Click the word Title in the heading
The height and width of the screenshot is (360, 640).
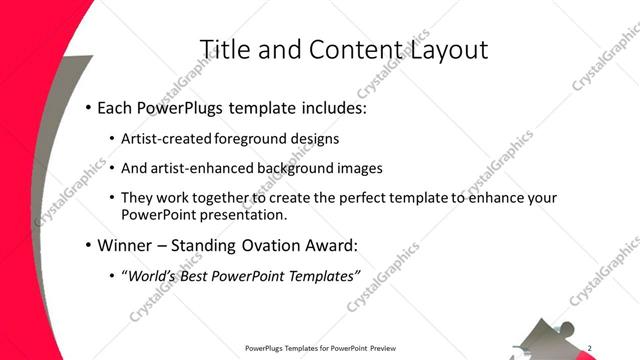click(x=224, y=49)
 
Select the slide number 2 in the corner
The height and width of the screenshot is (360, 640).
click(x=589, y=347)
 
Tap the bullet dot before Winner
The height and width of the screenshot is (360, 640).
click(x=88, y=245)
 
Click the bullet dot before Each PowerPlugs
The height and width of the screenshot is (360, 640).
click(x=88, y=106)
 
